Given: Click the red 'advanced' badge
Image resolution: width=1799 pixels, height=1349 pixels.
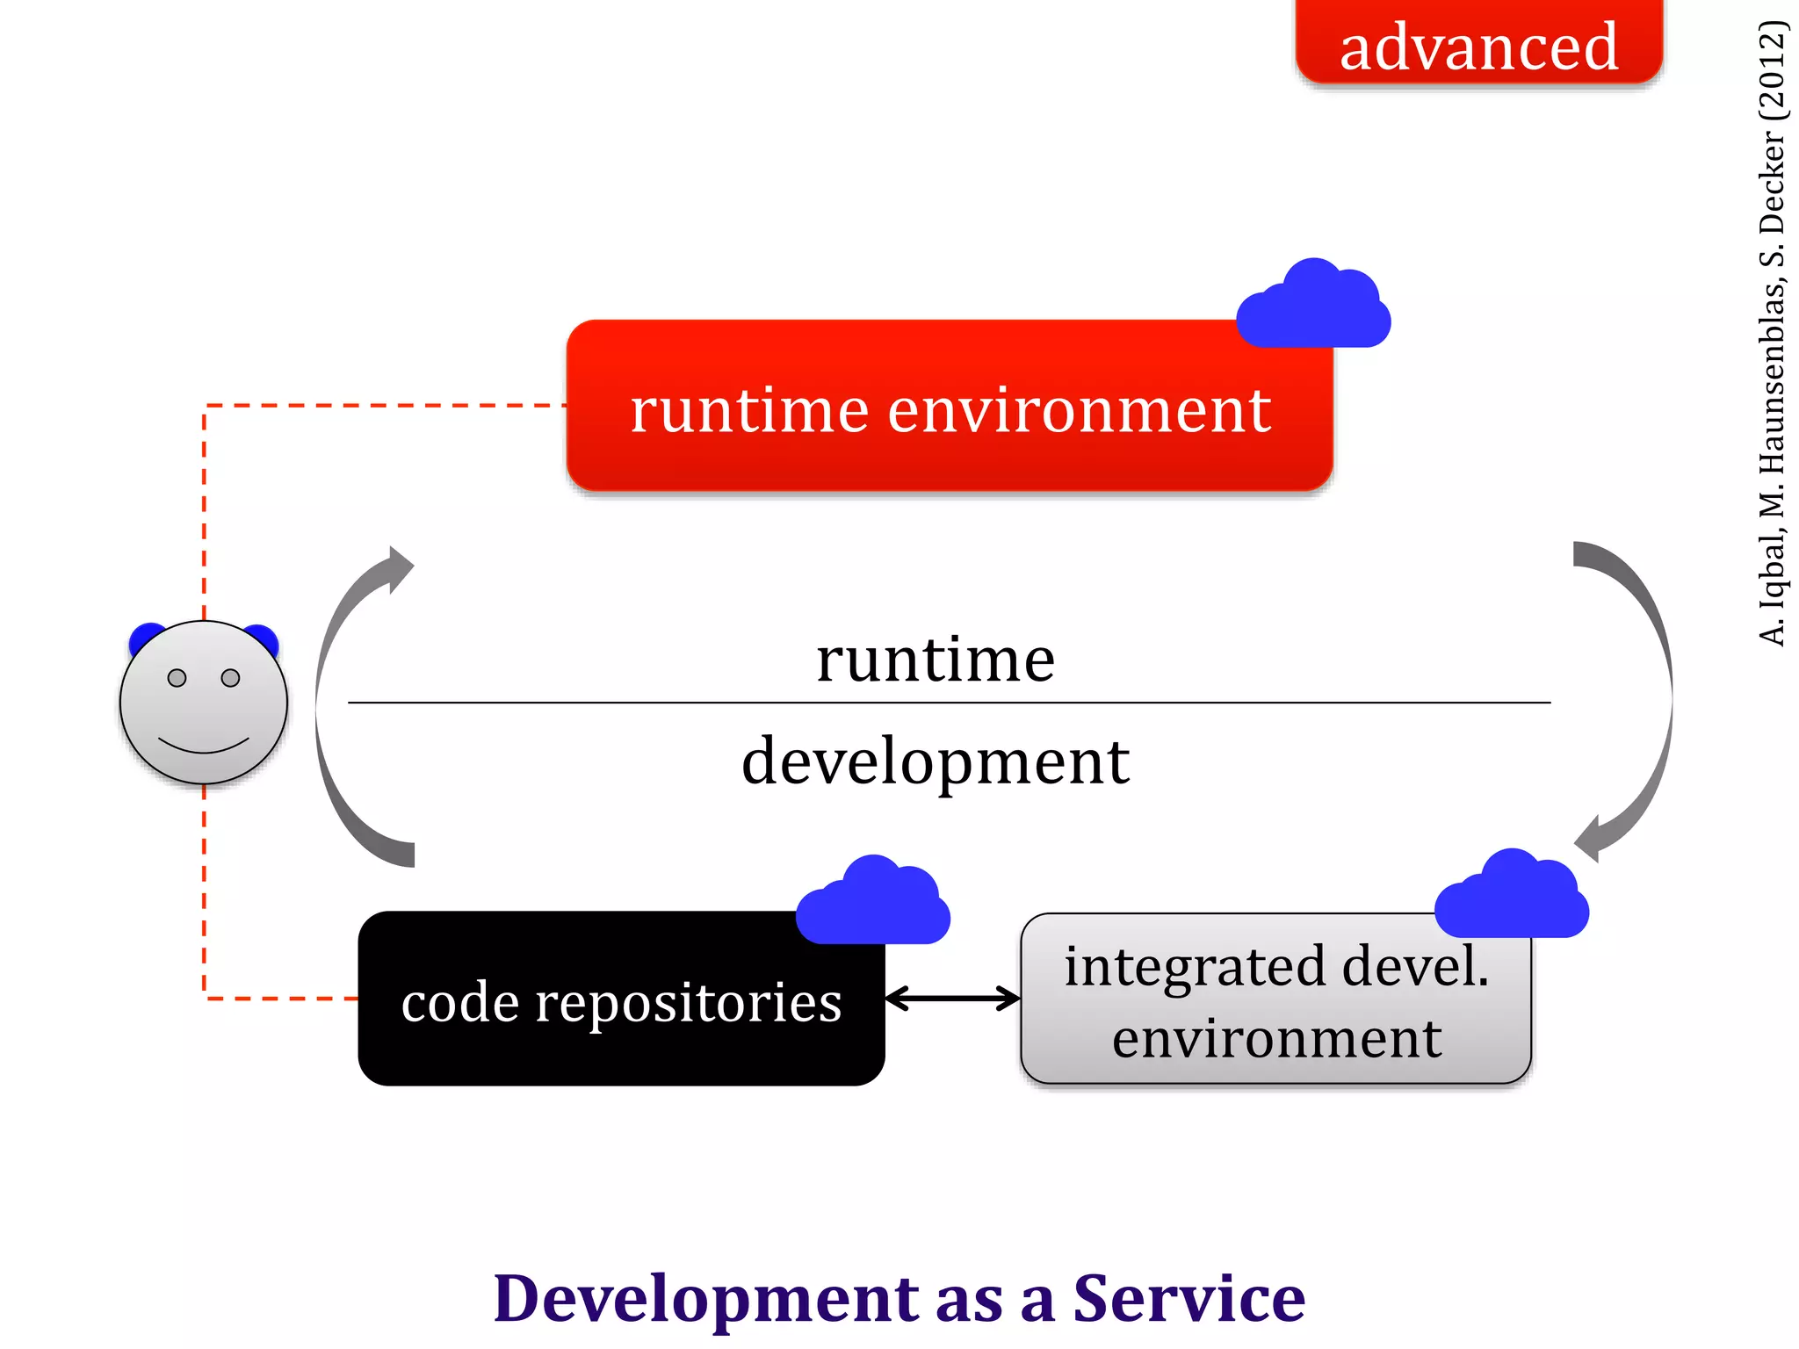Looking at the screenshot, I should pyautogui.click(x=1478, y=44).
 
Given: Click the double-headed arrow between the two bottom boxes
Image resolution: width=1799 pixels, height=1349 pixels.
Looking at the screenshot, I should pyautogui.click(x=953, y=999).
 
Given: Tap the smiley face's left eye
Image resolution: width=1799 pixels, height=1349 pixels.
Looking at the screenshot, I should pyautogui.click(x=177, y=678).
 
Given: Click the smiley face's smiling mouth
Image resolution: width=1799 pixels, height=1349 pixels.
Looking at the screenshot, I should pyautogui.click(x=203, y=747).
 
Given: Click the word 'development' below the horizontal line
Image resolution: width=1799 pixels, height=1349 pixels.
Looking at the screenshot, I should pyautogui.click(x=936, y=761).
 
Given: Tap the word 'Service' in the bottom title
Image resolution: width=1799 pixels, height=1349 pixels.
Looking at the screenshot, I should pyautogui.click(x=1189, y=1298).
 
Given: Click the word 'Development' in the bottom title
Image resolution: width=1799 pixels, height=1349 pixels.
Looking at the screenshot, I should pyautogui.click(x=704, y=1298).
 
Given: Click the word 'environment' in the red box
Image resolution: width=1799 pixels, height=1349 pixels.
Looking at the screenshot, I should pyautogui.click(x=1079, y=410).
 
